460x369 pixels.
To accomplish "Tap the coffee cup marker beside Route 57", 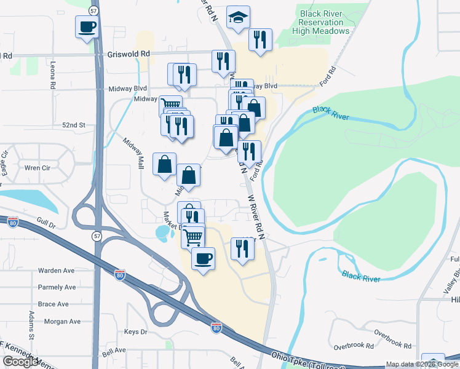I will pos(87,26).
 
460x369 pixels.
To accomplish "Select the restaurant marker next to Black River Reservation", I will pos(260,40).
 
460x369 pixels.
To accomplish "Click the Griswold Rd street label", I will pos(128,54).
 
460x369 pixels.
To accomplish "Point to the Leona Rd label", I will pos(54,72).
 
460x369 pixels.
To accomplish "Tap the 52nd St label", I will pos(73,125).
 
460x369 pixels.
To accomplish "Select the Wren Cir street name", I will pos(37,167).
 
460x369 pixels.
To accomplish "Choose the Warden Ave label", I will pos(56,271).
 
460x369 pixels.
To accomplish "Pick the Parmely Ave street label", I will pos(57,287).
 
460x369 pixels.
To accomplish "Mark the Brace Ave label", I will pos(54,304).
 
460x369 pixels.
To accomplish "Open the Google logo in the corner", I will pos(20,362).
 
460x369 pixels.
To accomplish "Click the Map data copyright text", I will pos(422,365).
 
